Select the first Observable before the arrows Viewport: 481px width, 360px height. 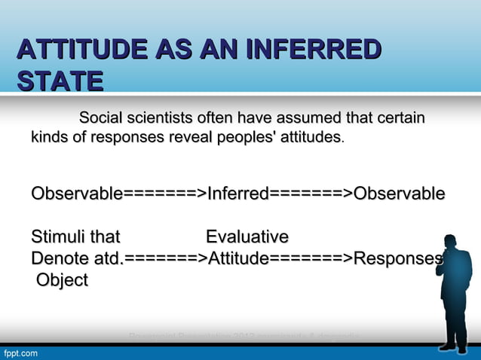[x=76, y=194]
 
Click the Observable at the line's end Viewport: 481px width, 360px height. [x=399, y=194]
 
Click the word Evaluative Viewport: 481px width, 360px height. [x=247, y=238]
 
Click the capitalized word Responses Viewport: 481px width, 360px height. [x=397, y=259]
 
